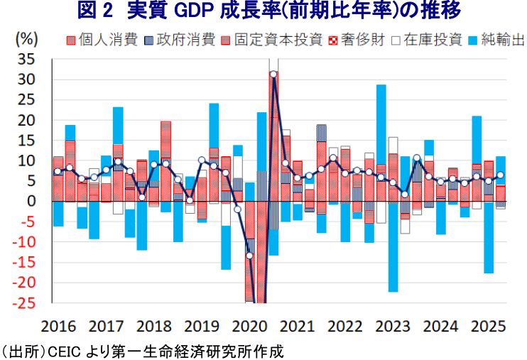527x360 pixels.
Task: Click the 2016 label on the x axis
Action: [59, 327]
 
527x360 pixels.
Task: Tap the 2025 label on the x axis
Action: [487, 327]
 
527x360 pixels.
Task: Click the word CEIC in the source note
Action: [67, 351]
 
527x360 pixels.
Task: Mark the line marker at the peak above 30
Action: [273, 74]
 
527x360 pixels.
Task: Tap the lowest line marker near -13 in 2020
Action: [249, 255]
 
